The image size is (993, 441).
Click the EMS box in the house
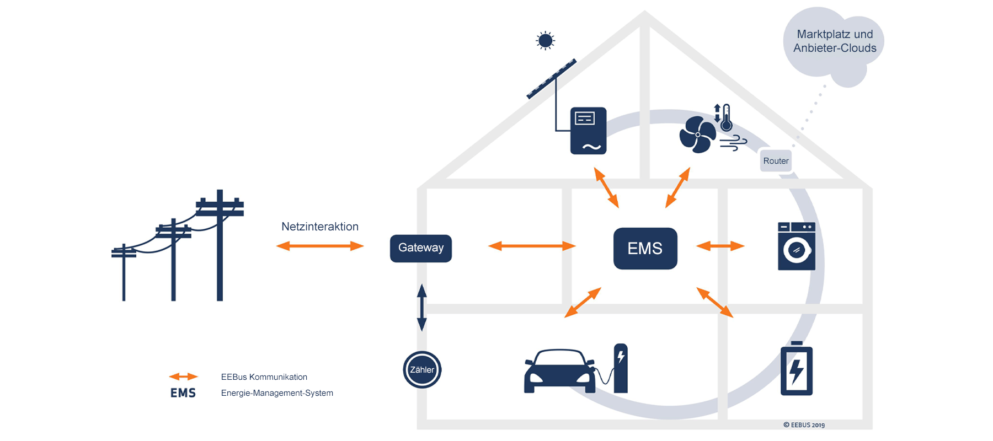pyautogui.click(x=645, y=249)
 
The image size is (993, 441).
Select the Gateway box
pyautogui.click(x=421, y=248)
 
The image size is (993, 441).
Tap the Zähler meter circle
pyautogui.click(x=422, y=370)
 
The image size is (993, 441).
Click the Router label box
pyautogui.click(x=776, y=161)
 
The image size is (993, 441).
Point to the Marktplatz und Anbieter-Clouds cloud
pyautogui.click(x=834, y=42)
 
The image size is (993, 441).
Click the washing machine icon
pyautogui.click(x=797, y=246)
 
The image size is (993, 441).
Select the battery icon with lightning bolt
pyautogui.click(x=797, y=369)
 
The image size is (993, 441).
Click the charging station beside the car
pyautogui.click(x=621, y=368)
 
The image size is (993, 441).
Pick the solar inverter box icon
pyautogui.click(x=588, y=131)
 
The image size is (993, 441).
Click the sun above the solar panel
pyautogui.click(x=546, y=41)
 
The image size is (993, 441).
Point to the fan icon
pyautogui.click(x=697, y=135)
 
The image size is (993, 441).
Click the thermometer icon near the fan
pyautogui.click(x=726, y=117)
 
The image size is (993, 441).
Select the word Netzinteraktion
pyautogui.click(x=320, y=227)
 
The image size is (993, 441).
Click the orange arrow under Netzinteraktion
pyautogui.click(x=320, y=246)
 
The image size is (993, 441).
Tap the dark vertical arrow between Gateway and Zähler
pyautogui.click(x=422, y=308)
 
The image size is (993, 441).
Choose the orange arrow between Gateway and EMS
pyautogui.click(x=532, y=246)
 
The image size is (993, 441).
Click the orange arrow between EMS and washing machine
pyautogui.click(x=720, y=246)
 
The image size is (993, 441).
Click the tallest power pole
pyautogui.click(x=220, y=248)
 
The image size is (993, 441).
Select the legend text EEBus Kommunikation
pyautogui.click(x=264, y=377)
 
